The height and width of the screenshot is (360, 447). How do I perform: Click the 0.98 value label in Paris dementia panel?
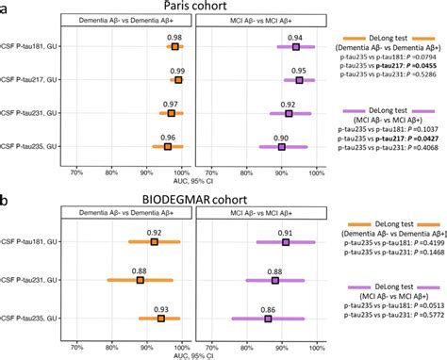[x=174, y=37]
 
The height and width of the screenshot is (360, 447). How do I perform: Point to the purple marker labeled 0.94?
[x=295, y=46]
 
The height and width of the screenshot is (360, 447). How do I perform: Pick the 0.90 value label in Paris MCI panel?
[x=282, y=136]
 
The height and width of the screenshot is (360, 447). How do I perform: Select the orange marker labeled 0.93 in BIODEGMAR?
[x=160, y=319]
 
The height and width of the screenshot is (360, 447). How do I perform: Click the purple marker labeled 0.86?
[x=268, y=319]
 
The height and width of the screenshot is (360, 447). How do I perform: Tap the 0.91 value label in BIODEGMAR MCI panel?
[x=286, y=232]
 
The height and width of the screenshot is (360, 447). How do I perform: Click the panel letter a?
[x=6, y=7]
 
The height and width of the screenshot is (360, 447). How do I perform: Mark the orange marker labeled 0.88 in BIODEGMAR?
[x=140, y=280]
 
